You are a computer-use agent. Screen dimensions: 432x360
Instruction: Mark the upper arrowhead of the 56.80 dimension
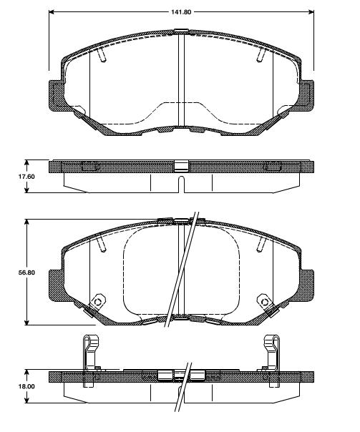[27, 222]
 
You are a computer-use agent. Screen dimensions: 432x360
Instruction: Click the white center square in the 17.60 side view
[181, 167]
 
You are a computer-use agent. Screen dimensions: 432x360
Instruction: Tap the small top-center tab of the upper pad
[181, 29]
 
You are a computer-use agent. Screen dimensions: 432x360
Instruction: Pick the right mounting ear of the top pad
[306, 94]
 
